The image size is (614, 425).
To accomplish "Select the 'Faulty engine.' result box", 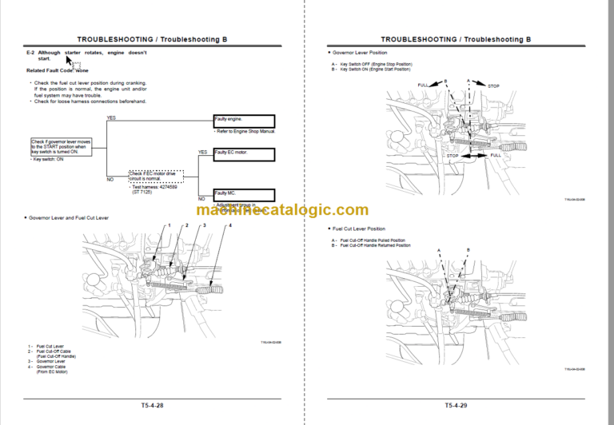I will (243, 121).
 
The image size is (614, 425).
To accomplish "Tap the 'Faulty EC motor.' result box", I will (243, 157).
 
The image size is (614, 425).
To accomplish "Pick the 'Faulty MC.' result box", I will (243, 194).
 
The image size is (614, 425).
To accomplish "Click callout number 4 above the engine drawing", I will (229, 226).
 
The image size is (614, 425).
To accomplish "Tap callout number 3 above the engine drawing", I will (205, 226).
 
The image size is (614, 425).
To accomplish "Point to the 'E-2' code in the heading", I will (30, 52).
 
